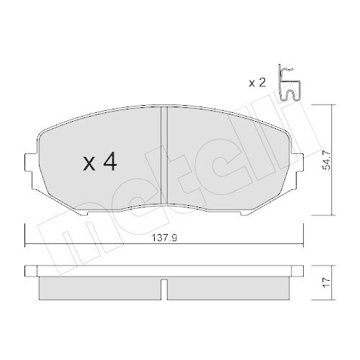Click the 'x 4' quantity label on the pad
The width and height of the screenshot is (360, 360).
(100, 163)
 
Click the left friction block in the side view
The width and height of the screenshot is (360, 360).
(99, 287)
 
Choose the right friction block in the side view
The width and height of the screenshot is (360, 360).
(228, 287)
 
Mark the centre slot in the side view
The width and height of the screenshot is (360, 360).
(164, 288)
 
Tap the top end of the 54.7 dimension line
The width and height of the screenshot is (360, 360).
(330, 106)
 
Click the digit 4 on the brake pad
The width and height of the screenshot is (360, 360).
(109, 163)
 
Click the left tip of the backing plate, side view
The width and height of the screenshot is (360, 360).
(26, 270)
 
